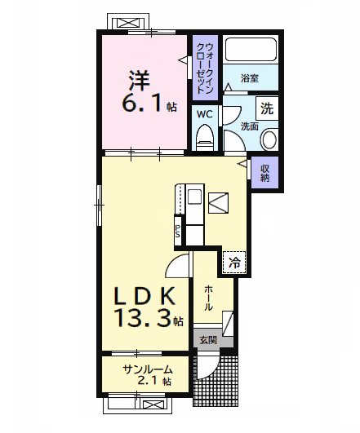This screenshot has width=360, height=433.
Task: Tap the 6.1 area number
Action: click(139, 104)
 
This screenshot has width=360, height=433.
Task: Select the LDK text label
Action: click(143, 294)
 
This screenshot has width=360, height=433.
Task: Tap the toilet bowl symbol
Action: click(204, 135)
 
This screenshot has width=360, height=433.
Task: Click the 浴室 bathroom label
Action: click(250, 79)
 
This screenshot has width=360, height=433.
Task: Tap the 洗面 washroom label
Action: click(250, 126)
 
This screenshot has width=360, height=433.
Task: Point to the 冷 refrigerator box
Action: click(235, 263)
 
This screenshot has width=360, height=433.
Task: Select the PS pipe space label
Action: click(177, 231)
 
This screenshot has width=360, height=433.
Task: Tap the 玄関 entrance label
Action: click(207, 340)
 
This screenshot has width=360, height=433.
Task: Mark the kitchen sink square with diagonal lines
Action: click(219, 201)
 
